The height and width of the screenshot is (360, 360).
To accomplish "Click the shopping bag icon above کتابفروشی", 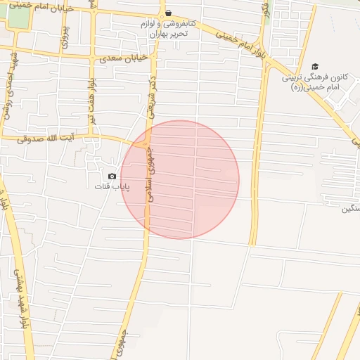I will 168,13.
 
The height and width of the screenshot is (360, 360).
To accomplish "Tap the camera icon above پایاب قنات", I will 112,176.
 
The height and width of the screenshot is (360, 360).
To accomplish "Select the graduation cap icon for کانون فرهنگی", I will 314,66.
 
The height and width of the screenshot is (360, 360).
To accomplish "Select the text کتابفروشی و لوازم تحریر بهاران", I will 169,29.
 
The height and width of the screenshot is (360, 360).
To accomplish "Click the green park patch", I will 19,20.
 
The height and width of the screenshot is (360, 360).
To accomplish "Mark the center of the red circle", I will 180,180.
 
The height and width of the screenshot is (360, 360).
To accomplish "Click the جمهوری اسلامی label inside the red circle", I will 150,175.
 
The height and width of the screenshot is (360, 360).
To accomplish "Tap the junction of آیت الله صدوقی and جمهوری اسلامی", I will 144,145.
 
